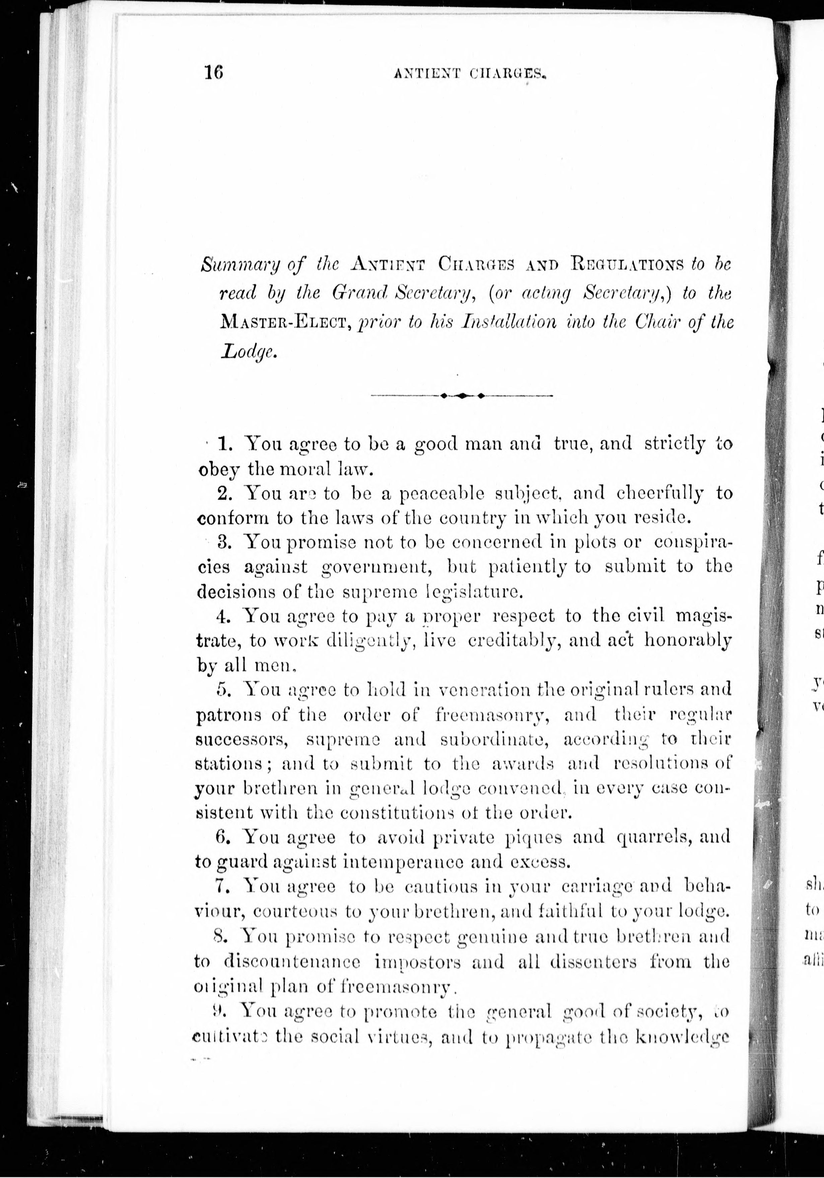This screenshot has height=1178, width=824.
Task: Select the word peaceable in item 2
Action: click(x=442, y=494)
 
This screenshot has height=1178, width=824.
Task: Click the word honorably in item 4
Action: click(x=688, y=641)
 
